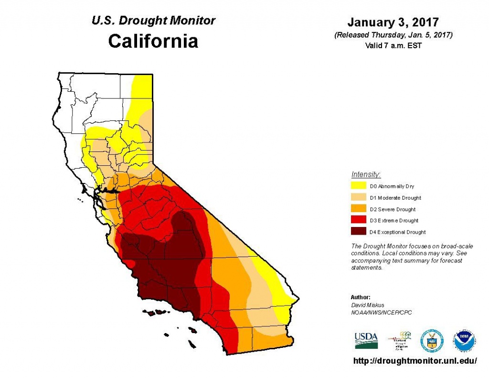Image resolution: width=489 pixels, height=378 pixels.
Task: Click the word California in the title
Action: point(153,41)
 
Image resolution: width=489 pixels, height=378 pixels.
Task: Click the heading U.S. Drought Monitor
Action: point(153,21)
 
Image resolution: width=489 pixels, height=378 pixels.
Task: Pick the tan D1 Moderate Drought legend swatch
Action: point(359,197)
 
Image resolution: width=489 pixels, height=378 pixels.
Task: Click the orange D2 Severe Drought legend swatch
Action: point(359,209)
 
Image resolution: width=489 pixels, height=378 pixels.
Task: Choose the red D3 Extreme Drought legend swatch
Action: point(359,220)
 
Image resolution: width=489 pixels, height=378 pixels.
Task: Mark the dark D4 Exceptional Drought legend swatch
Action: point(359,232)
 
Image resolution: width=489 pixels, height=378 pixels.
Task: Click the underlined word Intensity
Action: point(366,174)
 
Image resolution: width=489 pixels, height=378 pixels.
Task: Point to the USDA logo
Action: point(366,340)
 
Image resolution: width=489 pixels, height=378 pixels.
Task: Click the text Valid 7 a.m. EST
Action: point(393,45)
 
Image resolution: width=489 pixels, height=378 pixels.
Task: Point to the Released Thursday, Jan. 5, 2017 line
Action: point(393,35)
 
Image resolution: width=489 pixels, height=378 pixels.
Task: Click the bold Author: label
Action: point(361,297)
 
